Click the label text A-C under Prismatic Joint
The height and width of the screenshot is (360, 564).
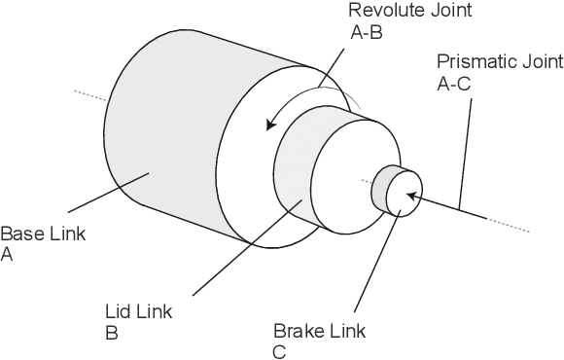point(454,84)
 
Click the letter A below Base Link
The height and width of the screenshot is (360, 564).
point(7,254)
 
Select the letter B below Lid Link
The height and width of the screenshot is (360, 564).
point(110,333)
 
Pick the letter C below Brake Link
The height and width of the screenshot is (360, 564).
point(279,352)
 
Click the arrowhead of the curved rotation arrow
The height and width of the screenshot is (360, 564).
point(273,124)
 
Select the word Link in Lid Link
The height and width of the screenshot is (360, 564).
point(154,312)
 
